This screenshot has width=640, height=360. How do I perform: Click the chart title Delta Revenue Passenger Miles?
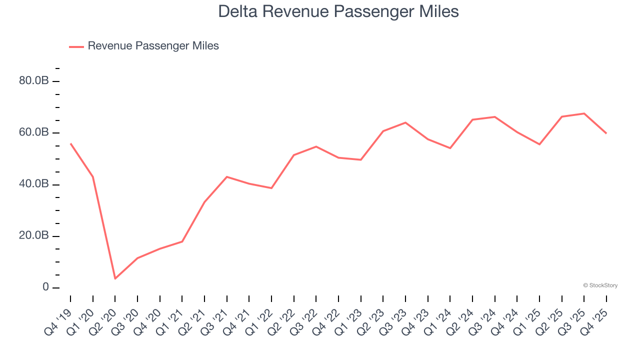click(x=338, y=11)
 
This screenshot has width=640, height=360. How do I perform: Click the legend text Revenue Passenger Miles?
click(x=153, y=46)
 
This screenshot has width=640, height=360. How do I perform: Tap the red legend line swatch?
click(x=76, y=46)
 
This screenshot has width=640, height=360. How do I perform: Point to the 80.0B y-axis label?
click(x=33, y=80)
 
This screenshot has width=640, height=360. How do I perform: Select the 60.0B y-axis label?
click(x=33, y=132)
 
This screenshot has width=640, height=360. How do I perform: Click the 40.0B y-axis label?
click(x=33, y=184)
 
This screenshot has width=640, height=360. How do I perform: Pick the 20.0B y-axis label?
click(x=33, y=235)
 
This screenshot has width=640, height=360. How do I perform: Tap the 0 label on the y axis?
click(x=45, y=287)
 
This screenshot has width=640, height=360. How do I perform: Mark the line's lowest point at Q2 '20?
click(x=115, y=278)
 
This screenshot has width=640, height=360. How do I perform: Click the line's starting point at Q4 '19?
click(x=70, y=143)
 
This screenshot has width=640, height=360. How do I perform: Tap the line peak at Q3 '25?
click(x=584, y=113)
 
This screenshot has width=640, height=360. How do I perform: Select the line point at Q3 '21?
click(x=227, y=176)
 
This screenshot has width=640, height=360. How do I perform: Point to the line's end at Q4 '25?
click(x=606, y=133)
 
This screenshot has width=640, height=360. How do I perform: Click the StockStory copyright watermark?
click(x=600, y=285)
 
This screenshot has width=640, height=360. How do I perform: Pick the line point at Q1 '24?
click(x=450, y=148)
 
